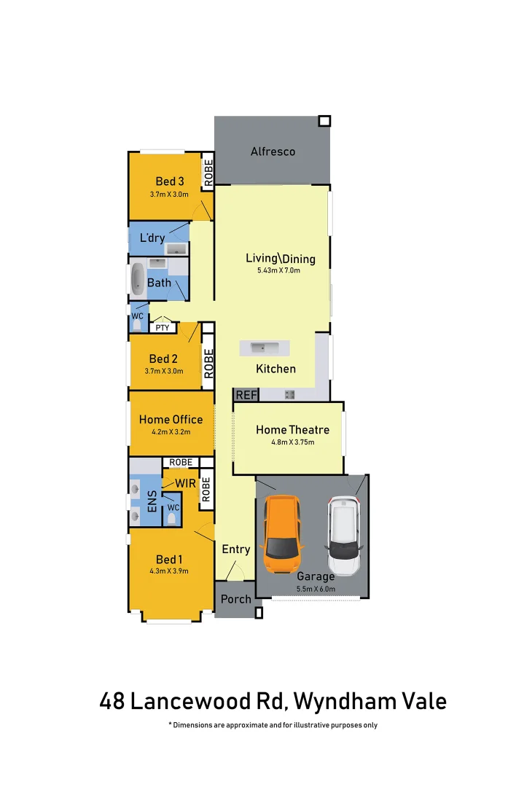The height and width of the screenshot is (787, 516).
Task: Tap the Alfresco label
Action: click(x=273, y=152)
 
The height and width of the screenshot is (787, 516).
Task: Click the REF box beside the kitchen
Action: click(x=246, y=395)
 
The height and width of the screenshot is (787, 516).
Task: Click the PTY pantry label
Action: click(x=163, y=328)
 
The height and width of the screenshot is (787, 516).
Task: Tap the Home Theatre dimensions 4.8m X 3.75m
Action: click(x=292, y=442)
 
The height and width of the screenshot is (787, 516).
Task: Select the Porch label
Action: click(x=235, y=599)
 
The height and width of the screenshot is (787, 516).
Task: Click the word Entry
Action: click(x=235, y=549)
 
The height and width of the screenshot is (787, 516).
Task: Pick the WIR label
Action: click(x=185, y=483)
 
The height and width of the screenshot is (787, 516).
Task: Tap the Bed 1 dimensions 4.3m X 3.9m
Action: click(x=168, y=571)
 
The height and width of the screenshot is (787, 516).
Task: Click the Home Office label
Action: click(x=171, y=419)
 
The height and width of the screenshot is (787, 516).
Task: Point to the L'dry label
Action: click(x=152, y=238)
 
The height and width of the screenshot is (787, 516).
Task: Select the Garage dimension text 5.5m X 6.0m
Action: click(x=316, y=589)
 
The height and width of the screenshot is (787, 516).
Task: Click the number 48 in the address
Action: click(x=112, y=701)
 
